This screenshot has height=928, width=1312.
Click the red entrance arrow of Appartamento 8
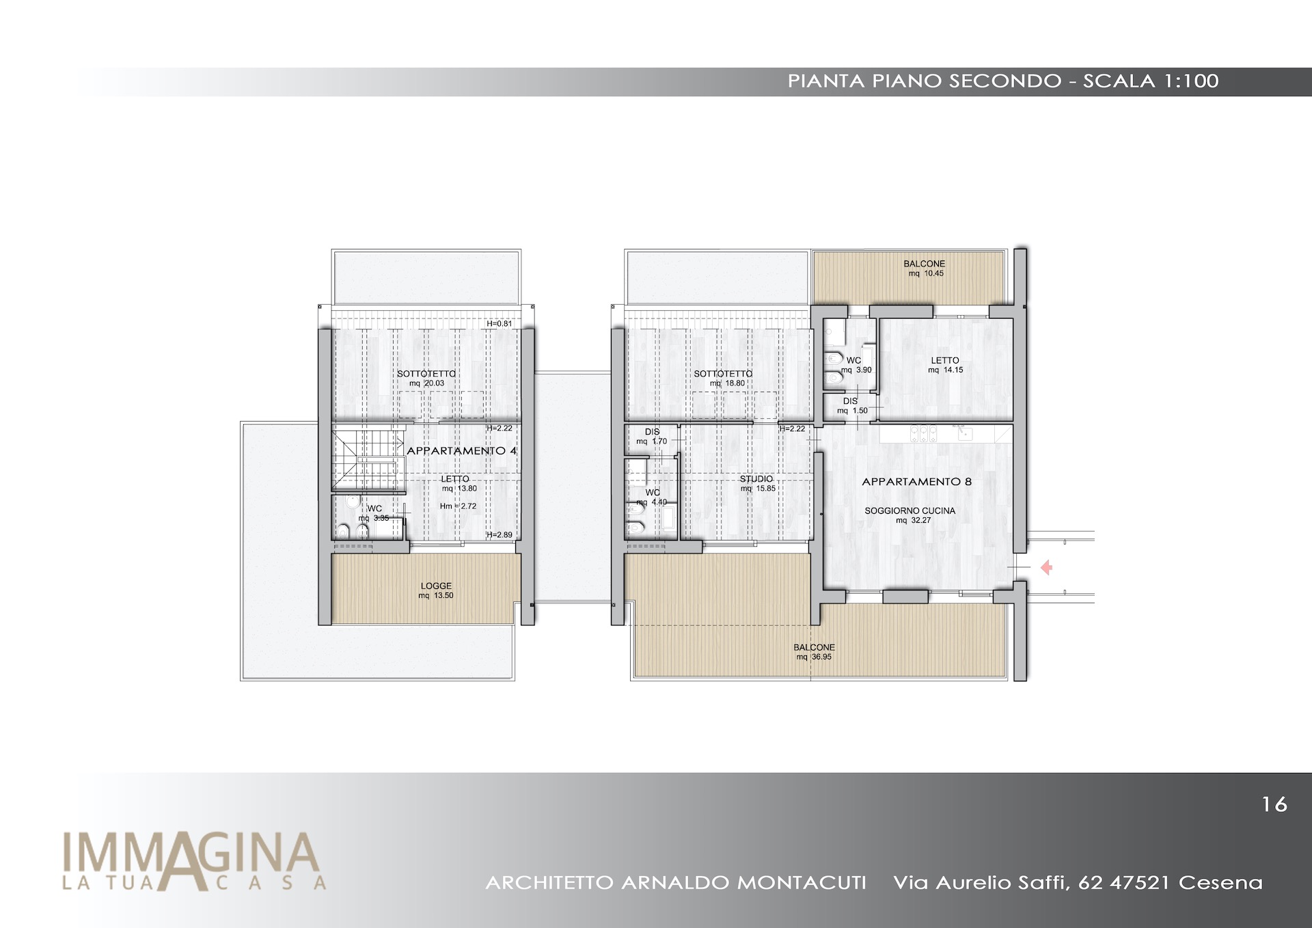click(1046, 567)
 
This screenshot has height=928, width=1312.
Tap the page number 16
click(1274, 804)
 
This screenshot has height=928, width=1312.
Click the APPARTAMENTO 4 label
click(461, 451)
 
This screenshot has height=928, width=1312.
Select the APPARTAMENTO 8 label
click(916, 482)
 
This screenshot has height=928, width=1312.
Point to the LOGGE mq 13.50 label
click(436, 590)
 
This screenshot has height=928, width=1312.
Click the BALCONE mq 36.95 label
click(814, 652)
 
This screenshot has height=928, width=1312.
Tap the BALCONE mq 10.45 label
click(925, 269)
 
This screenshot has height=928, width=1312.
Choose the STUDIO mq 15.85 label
click(756, 484)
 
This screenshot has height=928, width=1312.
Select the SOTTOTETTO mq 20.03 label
click(426, 379)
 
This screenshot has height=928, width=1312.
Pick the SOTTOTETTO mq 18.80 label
click(723, 379)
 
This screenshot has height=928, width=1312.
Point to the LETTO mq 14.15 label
click(945, 365)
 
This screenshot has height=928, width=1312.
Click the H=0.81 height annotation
click(500, 324)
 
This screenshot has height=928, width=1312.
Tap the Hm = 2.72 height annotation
click(458, 506)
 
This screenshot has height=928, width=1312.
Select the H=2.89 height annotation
click(500, 535)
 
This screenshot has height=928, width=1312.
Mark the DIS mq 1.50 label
click(851, 406)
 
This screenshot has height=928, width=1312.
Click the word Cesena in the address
click(1220, 883)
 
